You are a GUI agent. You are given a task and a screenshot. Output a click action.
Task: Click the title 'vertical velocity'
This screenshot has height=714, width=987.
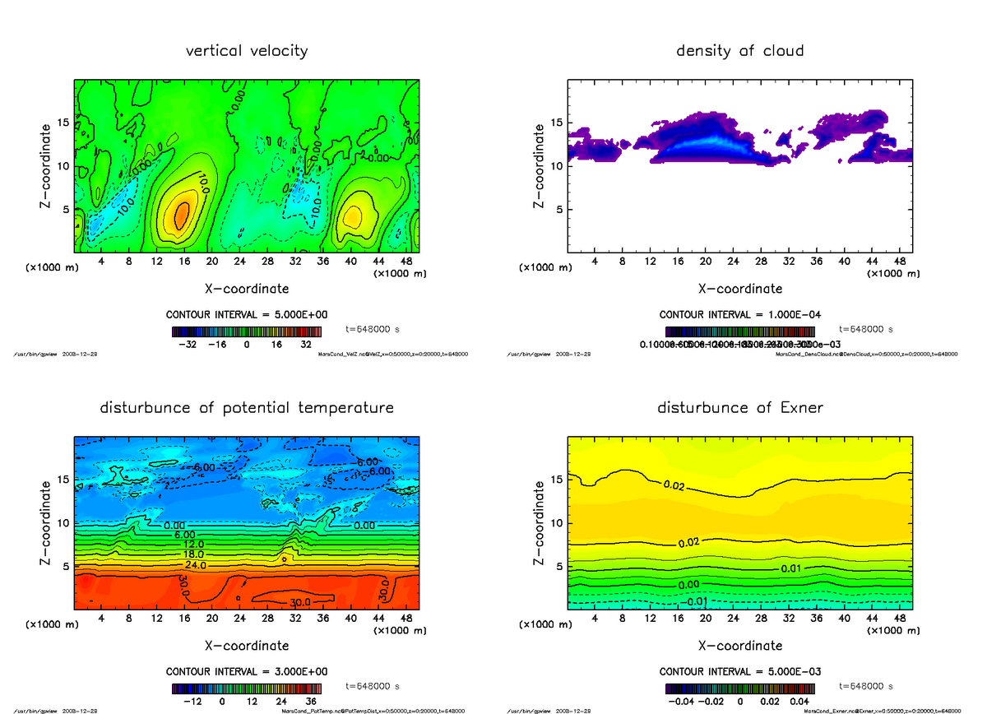tap(247, 51)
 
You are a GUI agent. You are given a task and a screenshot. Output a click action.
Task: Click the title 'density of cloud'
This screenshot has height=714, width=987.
tap(739, 51)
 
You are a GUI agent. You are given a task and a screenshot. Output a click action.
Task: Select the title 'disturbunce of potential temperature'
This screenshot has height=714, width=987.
tap(247, 408)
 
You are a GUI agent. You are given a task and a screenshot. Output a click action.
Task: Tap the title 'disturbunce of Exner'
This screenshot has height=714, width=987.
tap(739, 408)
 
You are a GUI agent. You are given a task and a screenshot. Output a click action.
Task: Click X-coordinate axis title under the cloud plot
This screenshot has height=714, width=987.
tap(739, 289)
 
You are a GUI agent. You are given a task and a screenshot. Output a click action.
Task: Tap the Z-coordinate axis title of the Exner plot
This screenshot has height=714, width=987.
tap(540, 523)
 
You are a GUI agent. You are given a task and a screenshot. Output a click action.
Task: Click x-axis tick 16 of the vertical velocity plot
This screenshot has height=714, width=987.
tap(184, 262)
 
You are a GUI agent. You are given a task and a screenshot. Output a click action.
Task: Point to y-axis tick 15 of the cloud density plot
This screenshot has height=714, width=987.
tap(556, 123)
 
